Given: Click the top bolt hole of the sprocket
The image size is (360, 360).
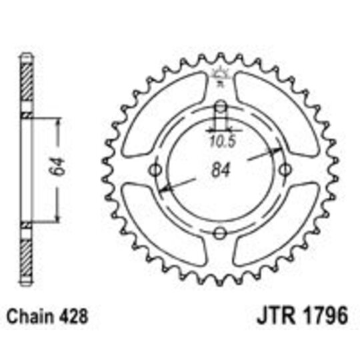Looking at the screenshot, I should (221, 107).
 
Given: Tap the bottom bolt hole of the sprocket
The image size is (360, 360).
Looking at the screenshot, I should (221, 231).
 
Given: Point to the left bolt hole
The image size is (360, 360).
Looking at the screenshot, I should (158, 170).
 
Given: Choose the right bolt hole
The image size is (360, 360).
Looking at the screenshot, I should (283, 170).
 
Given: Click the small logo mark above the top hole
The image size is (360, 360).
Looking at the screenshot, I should (220, 75).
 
